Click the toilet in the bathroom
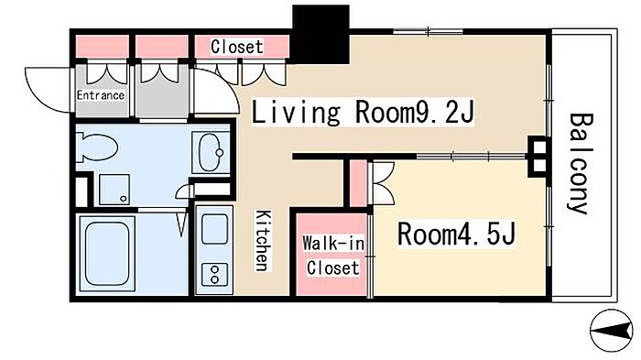point(97,147)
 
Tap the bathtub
point(107,254)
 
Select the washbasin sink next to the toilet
point(211,152)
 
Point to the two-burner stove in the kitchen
point(214,274)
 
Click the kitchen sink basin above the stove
point(214,229)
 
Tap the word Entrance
point(101,95)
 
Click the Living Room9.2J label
point(363,112)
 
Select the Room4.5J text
point(456,234)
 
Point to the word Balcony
point(580,163)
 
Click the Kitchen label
point(263,241)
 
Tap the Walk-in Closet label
point(332,256)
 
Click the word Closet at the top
point(236,47)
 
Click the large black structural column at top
point(320,35)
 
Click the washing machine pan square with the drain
point(114,190)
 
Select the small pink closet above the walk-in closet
point(359,184)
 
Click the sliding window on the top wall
point(428,31)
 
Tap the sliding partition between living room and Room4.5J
point(471,157)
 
